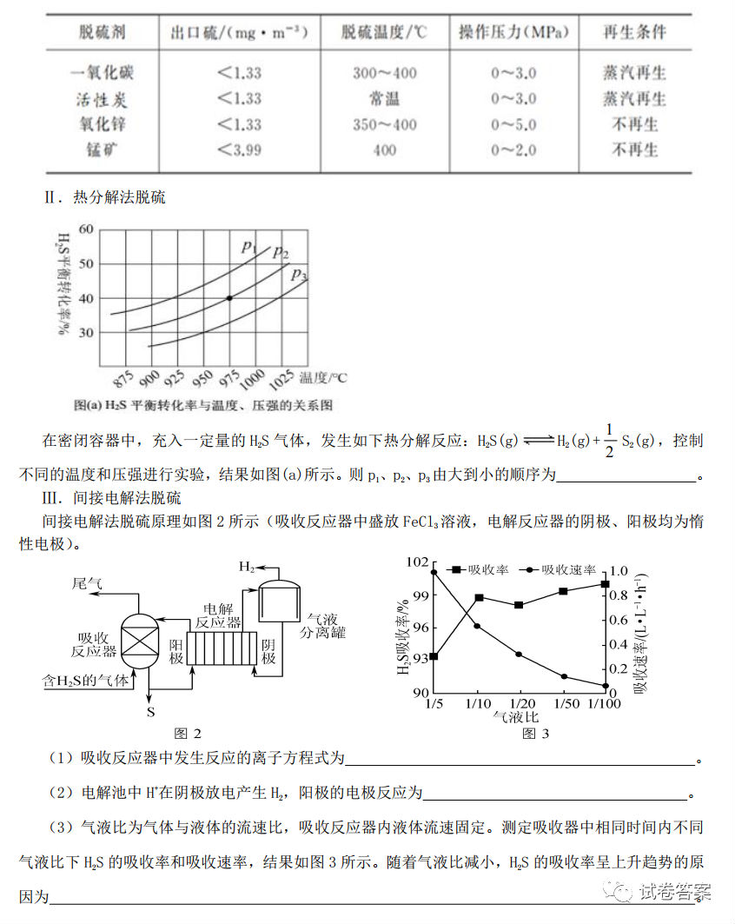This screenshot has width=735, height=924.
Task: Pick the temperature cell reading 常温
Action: (x=384, y=98)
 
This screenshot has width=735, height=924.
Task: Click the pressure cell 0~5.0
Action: (x=513, y=124)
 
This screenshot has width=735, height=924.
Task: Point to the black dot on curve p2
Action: (x=229, y=298)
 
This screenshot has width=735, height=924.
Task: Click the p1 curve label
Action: (x=248, y=246)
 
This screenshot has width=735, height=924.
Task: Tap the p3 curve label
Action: (x=299, y=275)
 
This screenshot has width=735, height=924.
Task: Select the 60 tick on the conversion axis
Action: (x=85, y=229)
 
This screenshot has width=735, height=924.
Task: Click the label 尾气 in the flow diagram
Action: (x=87, y=585)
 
